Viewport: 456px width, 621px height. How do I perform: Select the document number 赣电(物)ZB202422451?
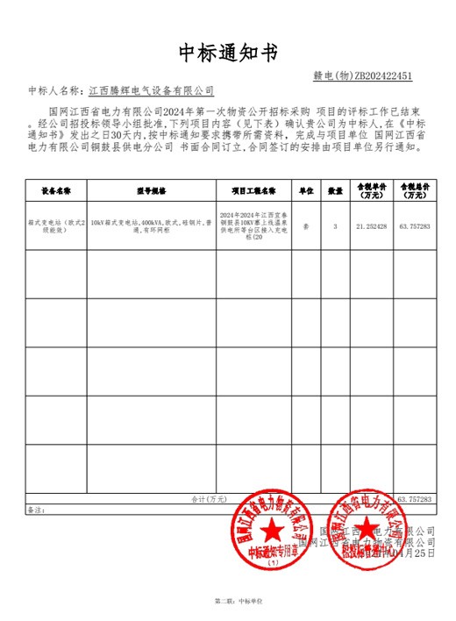point(362,76)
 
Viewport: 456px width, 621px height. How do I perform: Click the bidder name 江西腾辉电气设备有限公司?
point(152,90)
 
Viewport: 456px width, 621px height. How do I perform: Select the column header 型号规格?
point(151,189)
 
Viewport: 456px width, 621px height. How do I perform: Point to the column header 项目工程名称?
point(253,189)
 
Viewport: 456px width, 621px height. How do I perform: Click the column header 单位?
point(306,189)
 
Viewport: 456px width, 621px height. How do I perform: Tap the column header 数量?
point(335,189)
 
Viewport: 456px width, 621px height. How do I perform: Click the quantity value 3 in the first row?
point(335,225)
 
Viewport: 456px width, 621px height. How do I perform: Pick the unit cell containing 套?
point(306,225)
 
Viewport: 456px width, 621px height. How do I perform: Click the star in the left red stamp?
point(271,530)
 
